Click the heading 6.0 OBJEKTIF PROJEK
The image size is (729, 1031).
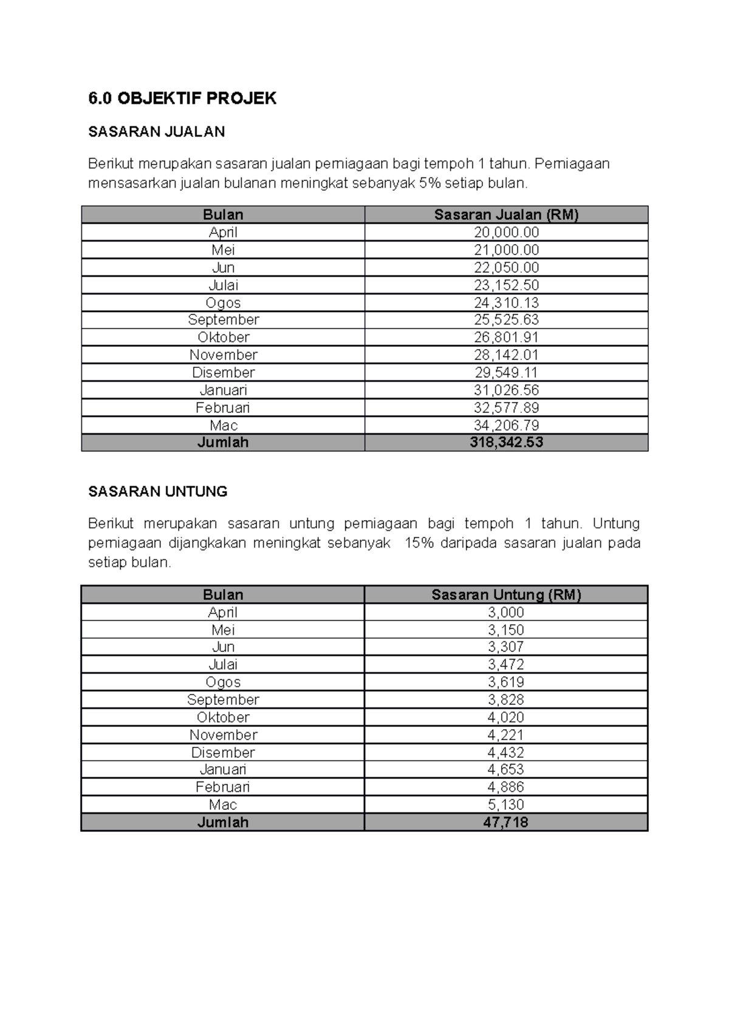(182, 98)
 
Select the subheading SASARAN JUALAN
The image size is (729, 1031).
(156, 132)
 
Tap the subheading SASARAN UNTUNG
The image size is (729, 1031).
(157, 492)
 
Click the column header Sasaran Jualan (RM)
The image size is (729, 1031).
(506, 215)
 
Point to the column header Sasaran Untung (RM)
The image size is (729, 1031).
(506, 595)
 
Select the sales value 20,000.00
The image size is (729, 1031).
(506, 233)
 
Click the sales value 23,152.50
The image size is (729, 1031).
(506, 285)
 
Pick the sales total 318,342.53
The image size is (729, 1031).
(506, 443)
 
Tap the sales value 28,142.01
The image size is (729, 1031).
(506, 355)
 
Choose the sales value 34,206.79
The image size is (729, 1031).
(506, 426)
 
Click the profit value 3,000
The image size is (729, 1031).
(506, 613)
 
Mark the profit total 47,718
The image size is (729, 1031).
(506, 823)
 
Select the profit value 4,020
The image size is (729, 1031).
(506, 718)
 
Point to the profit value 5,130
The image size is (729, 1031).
(506, 805)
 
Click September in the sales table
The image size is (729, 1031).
(223, 320)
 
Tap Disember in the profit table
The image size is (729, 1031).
(223, 753)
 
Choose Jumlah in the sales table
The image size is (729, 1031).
(223, 443)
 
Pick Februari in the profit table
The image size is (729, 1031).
(223, 788)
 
